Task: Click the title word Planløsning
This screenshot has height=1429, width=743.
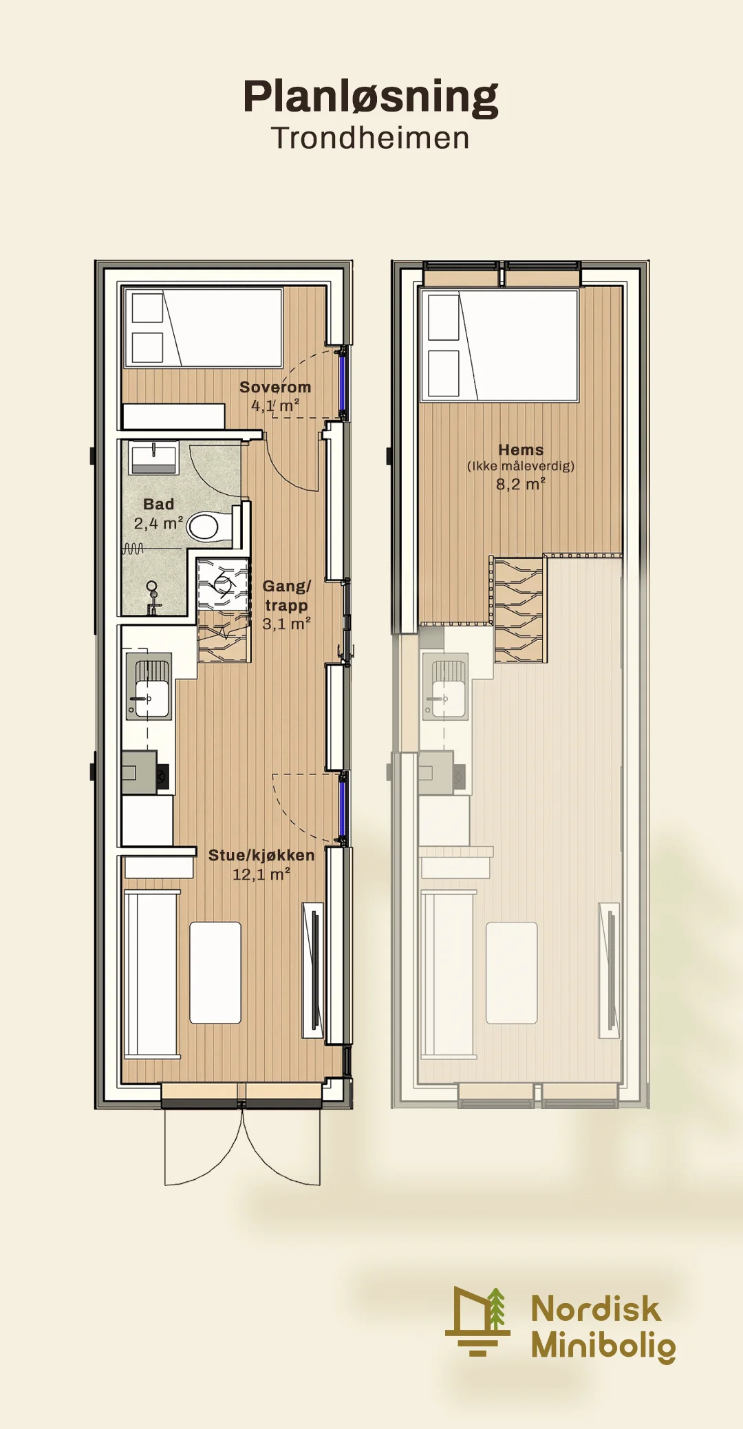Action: pyautogui.click(x=371, y=97)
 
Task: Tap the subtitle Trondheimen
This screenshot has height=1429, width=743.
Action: pyautogui.click(x=370, y=138)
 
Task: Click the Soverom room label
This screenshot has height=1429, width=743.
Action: pyautogui.click(x=275, y=387)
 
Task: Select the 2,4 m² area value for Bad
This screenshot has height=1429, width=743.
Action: pyautogui.click(x=158, y=523)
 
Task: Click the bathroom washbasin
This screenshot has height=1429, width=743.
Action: pyautogui.click(x=153, y=458)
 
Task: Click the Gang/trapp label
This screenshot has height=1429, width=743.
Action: pyautogui.click(x=286, y=595)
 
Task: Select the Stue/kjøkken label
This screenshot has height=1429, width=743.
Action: pyautogui.click(x=261, y=855)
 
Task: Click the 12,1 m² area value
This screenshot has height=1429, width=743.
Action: pyautogui.click(x=261, y=874)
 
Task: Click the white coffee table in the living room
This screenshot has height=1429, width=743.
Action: pyautogui.click(x=215, y=973)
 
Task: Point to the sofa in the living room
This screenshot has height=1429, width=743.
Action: pyautogui.click(x=152, y=973)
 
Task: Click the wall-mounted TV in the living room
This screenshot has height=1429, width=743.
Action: pyautogui.click(x=314, y=970)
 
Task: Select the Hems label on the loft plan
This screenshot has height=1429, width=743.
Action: pyautogui.click(x=521, y=449)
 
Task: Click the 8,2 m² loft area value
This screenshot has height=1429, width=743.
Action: pyautogui.click(x=521, y=484)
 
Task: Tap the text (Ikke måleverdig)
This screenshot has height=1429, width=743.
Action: pyautogui.click(x=521, y=466)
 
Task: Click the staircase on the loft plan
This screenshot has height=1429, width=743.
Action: pyautogui.click(x=518, y=609)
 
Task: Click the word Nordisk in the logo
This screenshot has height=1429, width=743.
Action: pyautogui.click(x=596, y=1309)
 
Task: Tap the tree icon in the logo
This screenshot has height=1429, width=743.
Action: pyautogui.click(x=497, y=1309)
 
